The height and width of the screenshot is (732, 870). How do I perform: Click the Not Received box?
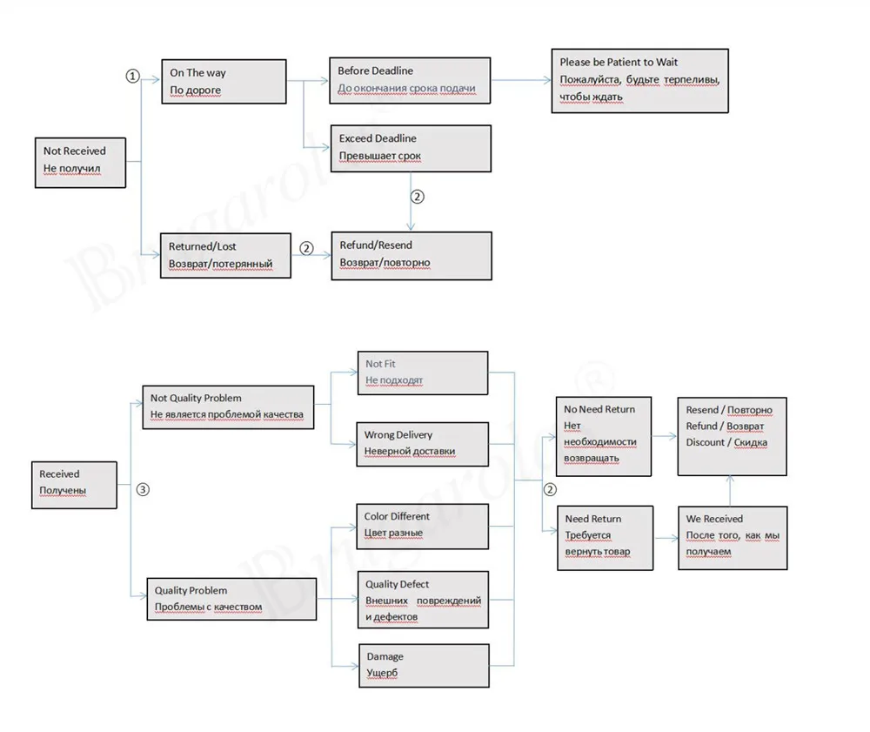pyautogui.click(x=80, y=163)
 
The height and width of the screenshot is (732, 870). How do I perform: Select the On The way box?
pyautogui.click(x=224, y=82)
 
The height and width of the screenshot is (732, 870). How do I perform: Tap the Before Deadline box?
pyautogui.click(x=410, y=80)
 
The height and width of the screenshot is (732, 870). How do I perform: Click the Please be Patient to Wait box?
pyautogui.click(x=639, y=81)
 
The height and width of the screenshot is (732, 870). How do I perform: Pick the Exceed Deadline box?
pyautogui.click(x=411, y=148)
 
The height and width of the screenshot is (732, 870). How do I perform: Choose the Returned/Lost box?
pyautogui.click(x=225, y=255)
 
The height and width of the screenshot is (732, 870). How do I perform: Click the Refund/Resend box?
pyautogui.click(x=412, y=256)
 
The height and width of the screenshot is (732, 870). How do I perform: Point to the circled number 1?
pyautogui.click(x=132, y=76)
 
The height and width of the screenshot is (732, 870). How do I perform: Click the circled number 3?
pyautogui.click(x=143, y=489)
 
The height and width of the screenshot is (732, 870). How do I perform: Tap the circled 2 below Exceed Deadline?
pyautogui.click(x=418, y=197)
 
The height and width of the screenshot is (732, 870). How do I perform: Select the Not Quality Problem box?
pyautogui.click(x=228, y=407)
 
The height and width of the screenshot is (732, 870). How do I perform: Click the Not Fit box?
pyautogui.click(x=423, y=373)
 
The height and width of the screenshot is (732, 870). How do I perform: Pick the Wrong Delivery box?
pyautogui.click(x=422, y=444)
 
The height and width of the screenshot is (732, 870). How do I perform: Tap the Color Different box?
pyautogui.click(x=422, y=526)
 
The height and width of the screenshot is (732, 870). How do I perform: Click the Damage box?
pyautogui.click(x=424, y=665)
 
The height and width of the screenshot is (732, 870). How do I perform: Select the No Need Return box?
pyautogui.click(x=604, y=436)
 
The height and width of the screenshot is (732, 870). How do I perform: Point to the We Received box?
pyautogui.click(x=733, y=538)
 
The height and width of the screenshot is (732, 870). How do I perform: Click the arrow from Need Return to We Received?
pyautogui.click(x=666, y=538)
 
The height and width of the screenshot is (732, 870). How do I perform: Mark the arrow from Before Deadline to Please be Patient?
pyautogui.click(x=521, y=80)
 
